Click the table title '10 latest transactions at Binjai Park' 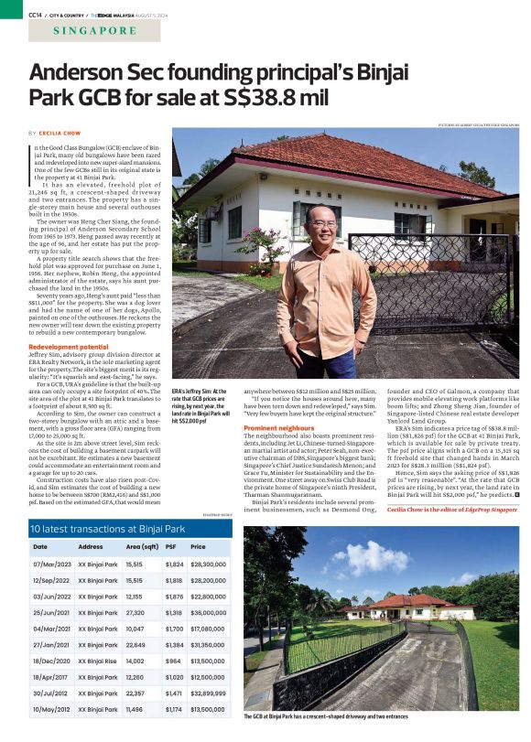coord(95,529)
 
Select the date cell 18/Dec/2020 coord(50,659)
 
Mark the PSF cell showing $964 coord(171,659)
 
